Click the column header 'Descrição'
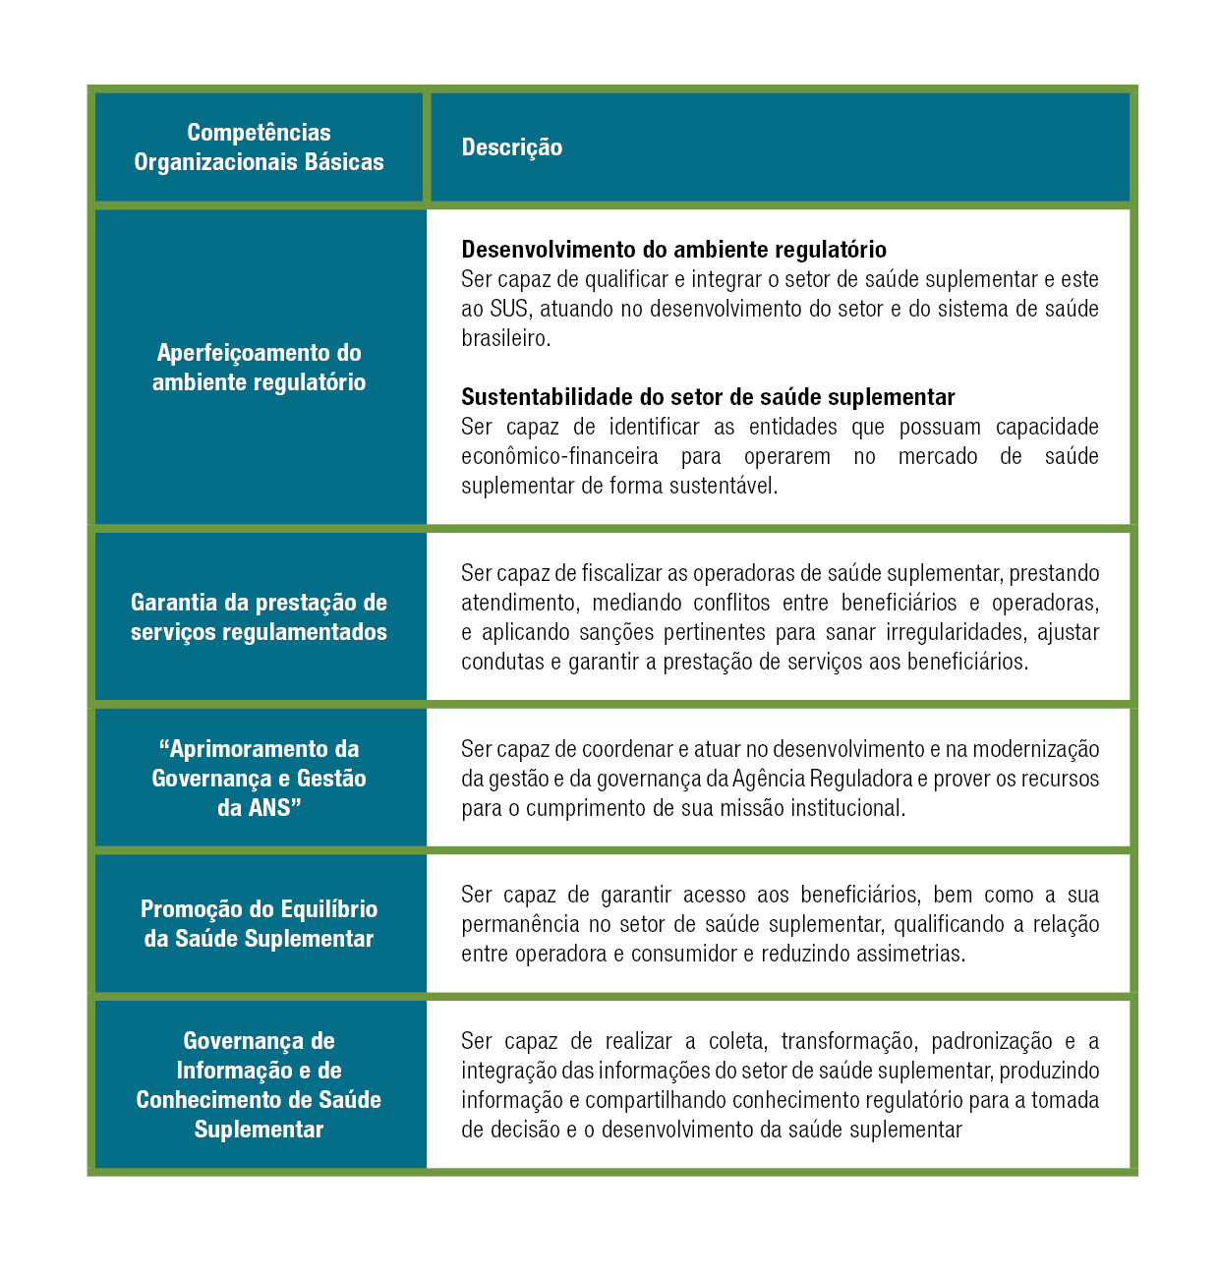tap(512, 147)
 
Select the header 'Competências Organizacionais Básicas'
tap(259, 147)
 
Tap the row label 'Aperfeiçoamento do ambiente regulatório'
tap(259, 368)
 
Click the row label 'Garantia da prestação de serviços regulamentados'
tap(259, 617)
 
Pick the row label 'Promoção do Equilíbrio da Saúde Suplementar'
tap(259, 924)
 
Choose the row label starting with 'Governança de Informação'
tap(259, 1085)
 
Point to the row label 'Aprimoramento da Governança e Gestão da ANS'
tap(259, 779)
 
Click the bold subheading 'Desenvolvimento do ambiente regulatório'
tap(673, 250)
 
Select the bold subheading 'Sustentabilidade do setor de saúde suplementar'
tap(708, 397)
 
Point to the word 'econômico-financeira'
tap(559, 456)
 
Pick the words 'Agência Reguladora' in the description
tap(822, 779)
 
